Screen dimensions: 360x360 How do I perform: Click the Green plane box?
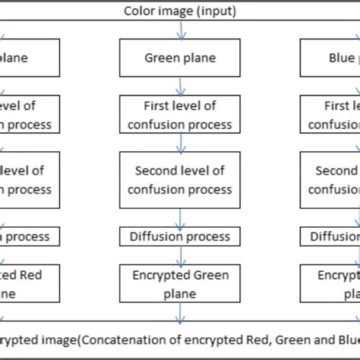(x=180, y=58)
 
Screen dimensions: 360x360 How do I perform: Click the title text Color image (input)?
(x=179, y=11)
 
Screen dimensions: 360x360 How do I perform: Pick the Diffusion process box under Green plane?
(x=180, y=236)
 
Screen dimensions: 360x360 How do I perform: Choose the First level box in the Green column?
(x=180, y=114)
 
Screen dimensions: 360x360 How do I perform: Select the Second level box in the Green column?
(x=180, y=180)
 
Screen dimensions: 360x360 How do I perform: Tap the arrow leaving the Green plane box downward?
(x=180, y=86)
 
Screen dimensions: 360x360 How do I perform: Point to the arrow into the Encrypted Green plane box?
(x=180, y=256)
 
